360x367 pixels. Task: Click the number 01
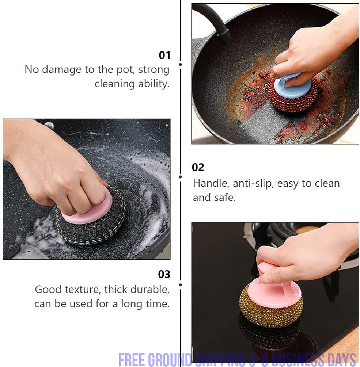point(164,55)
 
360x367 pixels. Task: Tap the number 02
point(198,167)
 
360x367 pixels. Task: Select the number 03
point(164,274)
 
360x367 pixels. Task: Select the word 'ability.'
point(154,84)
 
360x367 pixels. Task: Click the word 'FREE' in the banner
point(132,360)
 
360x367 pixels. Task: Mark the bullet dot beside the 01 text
point(180,64)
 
